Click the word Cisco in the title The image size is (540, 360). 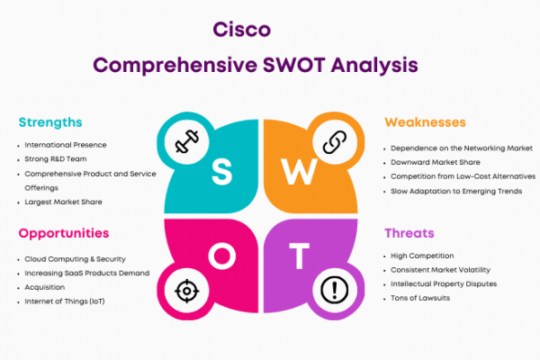tap(242, 30)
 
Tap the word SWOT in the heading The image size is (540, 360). tap(293, 65)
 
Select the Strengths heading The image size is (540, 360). tap(50, 122)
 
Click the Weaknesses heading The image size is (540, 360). tap(425, 122)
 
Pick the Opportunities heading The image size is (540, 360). tap(64, 234)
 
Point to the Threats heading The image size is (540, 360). tap(409, 233)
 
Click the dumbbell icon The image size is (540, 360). tap(186, 141)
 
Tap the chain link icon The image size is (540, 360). tap(335, 142)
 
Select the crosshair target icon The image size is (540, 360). tap(186, 291)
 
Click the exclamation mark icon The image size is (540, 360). tap(334, 290)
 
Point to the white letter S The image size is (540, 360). tap(221, 172)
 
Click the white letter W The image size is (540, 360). tap(299, 172)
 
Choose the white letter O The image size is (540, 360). tap(222, 256)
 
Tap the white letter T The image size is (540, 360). tap(299, 256)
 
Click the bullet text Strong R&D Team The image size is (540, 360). tap(56, 159)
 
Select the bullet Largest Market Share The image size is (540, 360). tap(63, 202)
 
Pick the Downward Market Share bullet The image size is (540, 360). tap(436, 162)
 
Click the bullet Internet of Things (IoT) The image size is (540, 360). tap(65, 301)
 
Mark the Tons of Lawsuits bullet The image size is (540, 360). tap(420, 298)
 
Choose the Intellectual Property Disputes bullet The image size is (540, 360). tap(444, 283)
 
